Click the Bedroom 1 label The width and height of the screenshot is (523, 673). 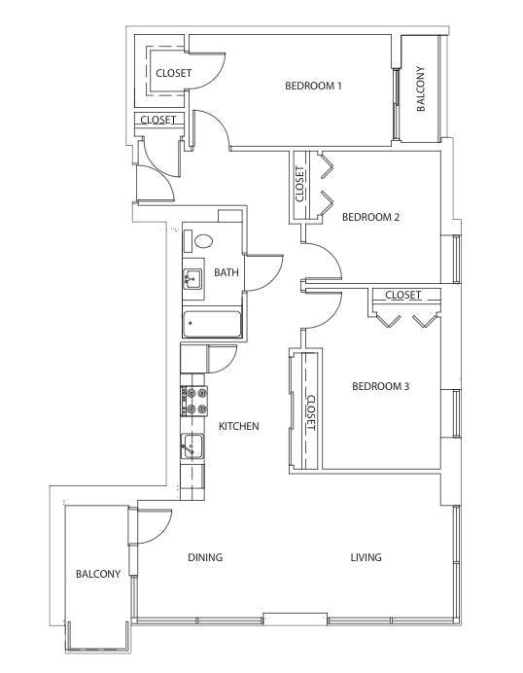313,86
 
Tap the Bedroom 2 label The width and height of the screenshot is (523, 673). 370,217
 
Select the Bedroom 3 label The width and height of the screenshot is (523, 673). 380,386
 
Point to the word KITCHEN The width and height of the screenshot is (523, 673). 239,426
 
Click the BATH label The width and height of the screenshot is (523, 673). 227,272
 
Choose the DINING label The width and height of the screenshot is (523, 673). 205,557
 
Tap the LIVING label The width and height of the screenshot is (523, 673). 366,557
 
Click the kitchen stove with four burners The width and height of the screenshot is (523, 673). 194,401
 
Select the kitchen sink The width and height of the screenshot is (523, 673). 192,446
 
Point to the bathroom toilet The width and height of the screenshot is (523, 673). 203,240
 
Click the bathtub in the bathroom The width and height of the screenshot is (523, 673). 212,324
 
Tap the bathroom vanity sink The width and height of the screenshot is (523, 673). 192,279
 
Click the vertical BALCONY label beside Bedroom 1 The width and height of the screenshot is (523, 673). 421,89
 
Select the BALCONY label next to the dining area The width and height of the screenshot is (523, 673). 98,574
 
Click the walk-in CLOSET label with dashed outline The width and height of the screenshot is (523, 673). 174,73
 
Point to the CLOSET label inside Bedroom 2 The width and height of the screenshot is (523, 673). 300,184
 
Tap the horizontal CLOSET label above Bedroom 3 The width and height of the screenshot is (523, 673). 403,296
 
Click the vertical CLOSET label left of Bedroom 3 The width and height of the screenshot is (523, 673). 311,413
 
